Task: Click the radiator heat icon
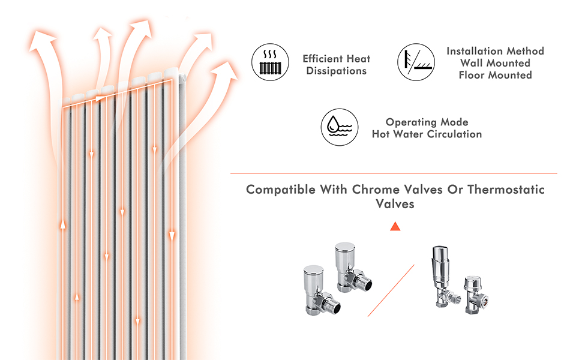click(269, 63)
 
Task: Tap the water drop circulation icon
click(340, 127)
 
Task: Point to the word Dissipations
click(336, 71)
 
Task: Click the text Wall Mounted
click(495, 63)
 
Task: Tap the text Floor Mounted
click(495, 75)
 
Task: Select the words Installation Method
click(495, 51)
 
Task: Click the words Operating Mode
click(427, 122)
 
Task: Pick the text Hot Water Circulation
click(427, 134)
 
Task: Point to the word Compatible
click(280, 190)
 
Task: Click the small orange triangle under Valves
click(395, 226)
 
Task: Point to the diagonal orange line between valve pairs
click(391, 291)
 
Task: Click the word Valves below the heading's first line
click(395, 204)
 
